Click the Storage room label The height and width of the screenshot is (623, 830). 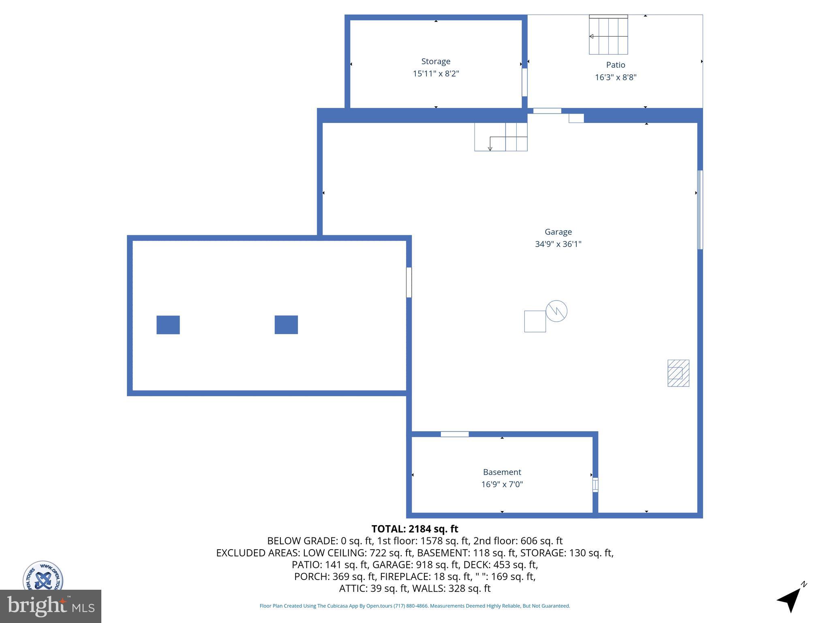click(436, 61)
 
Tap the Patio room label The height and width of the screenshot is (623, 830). click(615, 65)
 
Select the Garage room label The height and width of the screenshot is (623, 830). click(558, 232)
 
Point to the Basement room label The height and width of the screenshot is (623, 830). click(502, 472)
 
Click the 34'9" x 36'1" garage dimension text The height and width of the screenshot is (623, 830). click(558, 244)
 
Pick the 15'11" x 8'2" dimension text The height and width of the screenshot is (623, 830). click(436, 74)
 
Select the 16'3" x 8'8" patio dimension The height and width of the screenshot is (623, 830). click(615, 77)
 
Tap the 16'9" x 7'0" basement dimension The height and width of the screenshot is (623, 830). click(502, 484)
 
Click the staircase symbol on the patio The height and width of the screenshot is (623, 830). click(608, 35)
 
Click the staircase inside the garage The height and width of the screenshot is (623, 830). click(501, 137)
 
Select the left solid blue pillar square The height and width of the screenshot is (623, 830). click(168, 325)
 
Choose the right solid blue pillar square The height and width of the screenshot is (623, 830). click(286, 325)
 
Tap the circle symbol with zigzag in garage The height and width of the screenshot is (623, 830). click(556, 311)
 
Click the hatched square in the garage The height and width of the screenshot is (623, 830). click(678, 373)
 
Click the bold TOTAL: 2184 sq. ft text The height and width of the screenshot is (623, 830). click(415, 529)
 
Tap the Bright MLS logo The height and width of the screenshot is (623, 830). click(51, 606)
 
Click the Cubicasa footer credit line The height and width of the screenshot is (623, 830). click(415, 606)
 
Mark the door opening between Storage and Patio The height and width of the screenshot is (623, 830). click(524, 82)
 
